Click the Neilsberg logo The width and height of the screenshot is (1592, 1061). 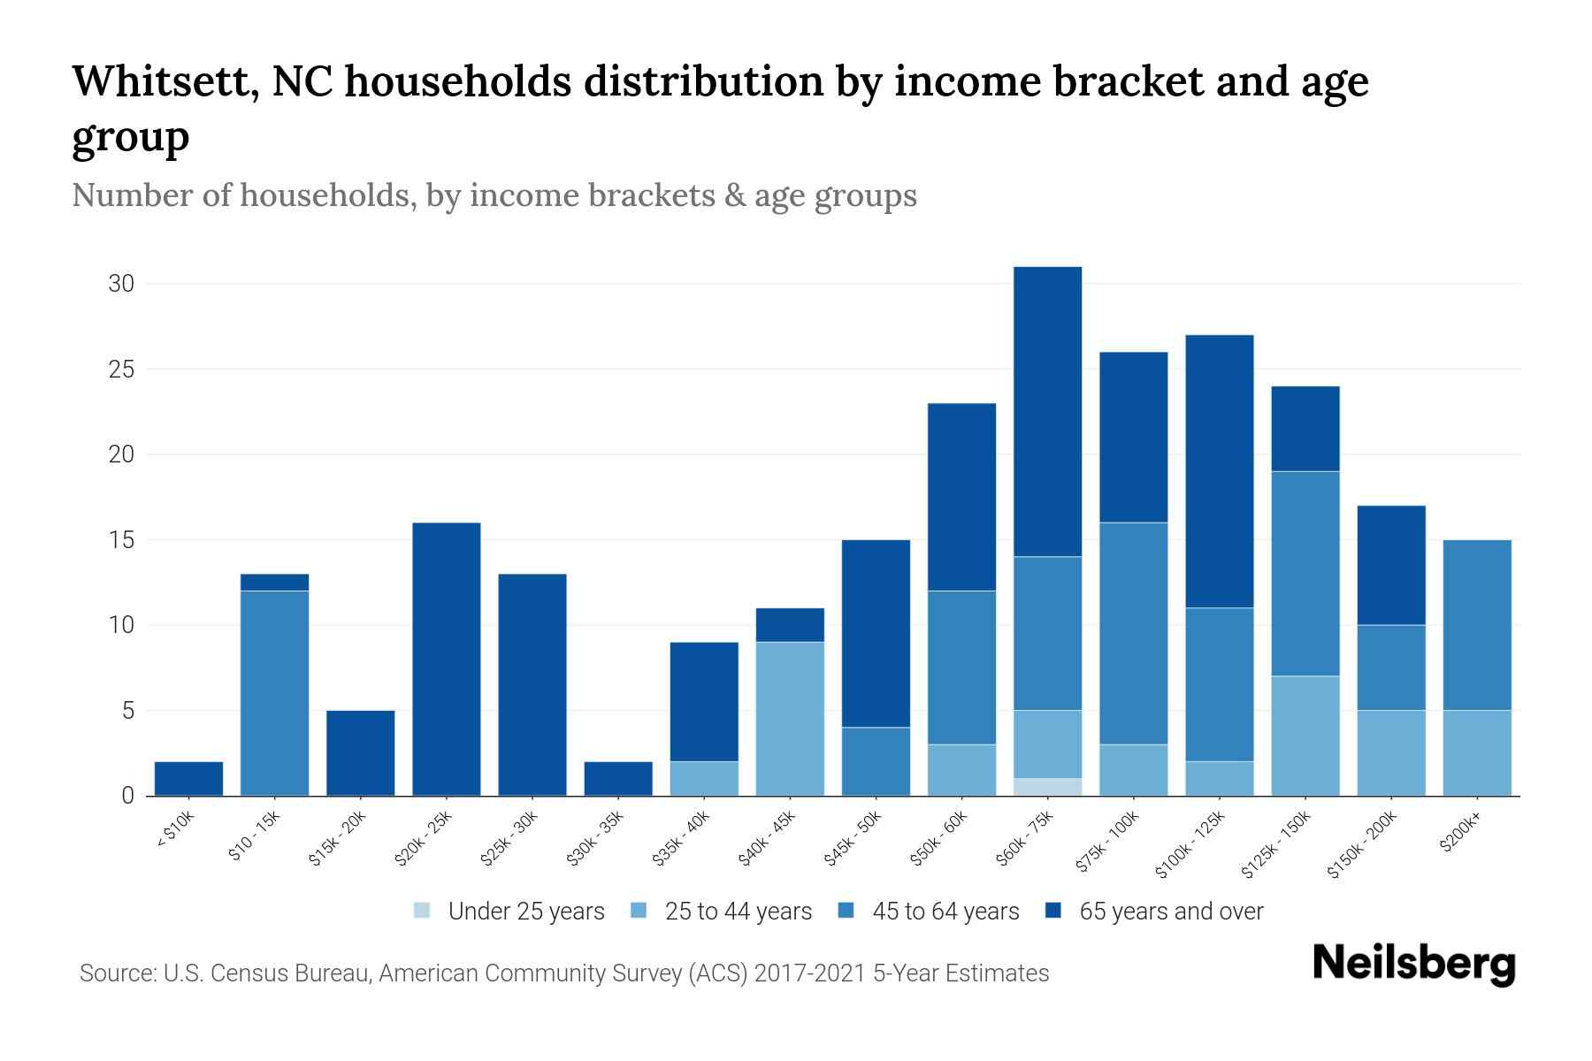pos(1413,964)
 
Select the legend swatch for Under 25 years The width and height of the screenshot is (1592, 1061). pos(423,911)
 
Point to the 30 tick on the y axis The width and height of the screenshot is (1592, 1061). pos(121,284)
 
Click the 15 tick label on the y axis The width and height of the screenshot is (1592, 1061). pos(121,540)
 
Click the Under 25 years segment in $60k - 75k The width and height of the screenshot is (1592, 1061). pos(1047,787)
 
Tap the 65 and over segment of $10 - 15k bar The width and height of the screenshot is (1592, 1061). pos(274,582)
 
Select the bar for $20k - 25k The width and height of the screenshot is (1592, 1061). pos(446,659)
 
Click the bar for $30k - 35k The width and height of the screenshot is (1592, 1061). pos(618,778)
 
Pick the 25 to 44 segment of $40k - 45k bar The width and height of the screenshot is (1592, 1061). pos(790,718)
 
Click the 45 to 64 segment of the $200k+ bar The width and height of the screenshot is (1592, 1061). pos(1476,624)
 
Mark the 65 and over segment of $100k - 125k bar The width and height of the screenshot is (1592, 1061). pos(1219,470)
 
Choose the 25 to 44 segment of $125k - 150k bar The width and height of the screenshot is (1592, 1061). pos(1305,736)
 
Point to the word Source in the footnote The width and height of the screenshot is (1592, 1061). pos(116,973)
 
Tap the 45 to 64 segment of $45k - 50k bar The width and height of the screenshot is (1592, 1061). pos(876,761)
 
